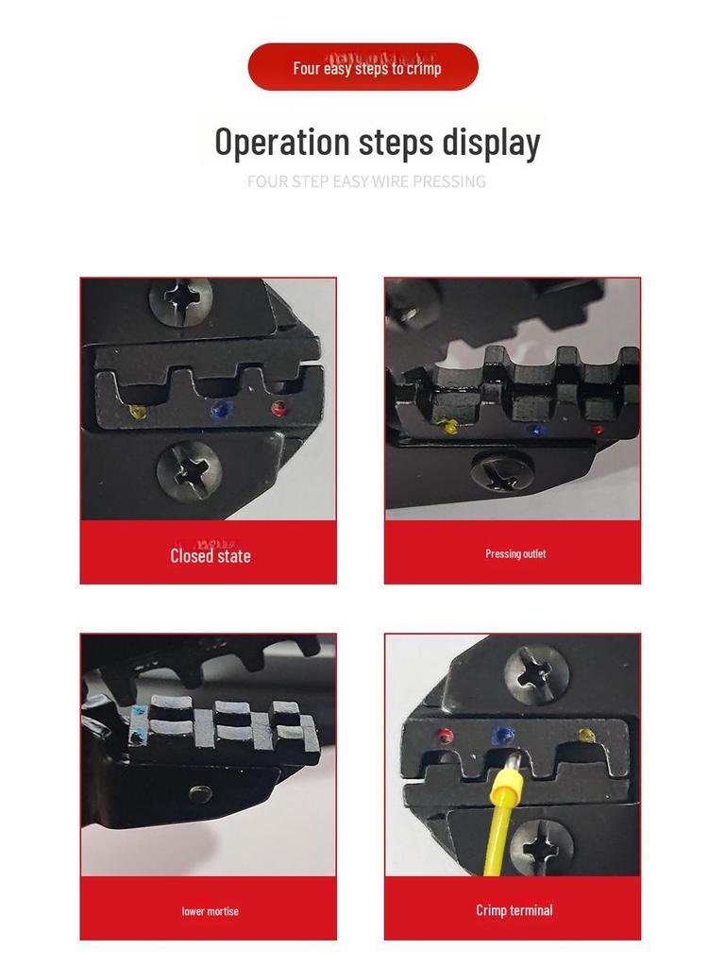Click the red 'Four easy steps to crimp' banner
(x=362, y=67)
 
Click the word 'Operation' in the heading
(x=282, y=142)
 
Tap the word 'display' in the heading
(x=491, y=144)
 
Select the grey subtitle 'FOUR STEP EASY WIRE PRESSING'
(x=366, y=181)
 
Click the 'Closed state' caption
(x=211, y=555)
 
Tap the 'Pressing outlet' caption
(x=515, y=553)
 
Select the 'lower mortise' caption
(x=211, y=911)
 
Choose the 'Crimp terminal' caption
(x=514, y=910)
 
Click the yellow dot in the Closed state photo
(x=139, y=412)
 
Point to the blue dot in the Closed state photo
(x=221, y=409)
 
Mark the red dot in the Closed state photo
(x=279, y=408)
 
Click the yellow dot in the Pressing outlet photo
(x=449, y=425)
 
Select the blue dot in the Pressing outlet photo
(x=536, y=430)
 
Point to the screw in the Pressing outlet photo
(x=502, y=472)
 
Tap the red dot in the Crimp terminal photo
(x=445, y=737)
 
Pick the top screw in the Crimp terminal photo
(x=535, y=674)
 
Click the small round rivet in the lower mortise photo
(x=200, y=793)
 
